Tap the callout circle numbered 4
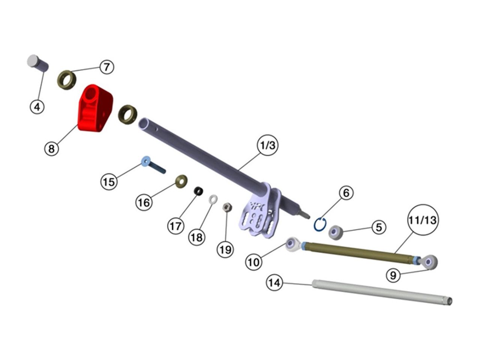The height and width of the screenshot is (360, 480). (x=37, y=107)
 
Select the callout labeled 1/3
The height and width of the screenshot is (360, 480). (x=268, y=145)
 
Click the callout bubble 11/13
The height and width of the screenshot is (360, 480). (x=423, y=220)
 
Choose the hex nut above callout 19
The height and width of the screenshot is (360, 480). (x=227, y=207)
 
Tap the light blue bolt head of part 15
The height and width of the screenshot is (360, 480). (x=145, y=161)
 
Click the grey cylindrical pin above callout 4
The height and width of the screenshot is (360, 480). (x=37, y=63)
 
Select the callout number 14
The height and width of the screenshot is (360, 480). (x=274, y=283)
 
